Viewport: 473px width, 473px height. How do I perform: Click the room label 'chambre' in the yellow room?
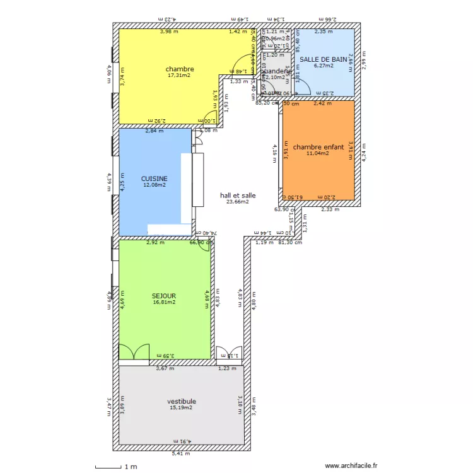(x=180, y=69)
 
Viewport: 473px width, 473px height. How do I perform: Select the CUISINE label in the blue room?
(x=155, y=178)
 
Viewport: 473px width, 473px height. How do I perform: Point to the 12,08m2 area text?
(x=155, y=185)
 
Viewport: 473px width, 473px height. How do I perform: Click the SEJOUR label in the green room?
(x=164, y=295)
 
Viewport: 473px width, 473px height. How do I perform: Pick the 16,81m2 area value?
(x=164, y=302)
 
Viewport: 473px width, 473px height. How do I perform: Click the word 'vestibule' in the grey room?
(x=181, y=401)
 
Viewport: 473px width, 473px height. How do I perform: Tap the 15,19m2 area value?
(x=181, y=407)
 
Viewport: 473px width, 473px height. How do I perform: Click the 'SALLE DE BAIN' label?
(x=324, y=59)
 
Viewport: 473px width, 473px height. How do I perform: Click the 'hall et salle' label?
(x=238, y=196)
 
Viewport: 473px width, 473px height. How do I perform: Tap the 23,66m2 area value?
(x=238, y=202)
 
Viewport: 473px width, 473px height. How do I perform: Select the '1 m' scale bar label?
(x=131, y=467)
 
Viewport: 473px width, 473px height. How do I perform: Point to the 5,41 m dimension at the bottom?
(x=180, y=453)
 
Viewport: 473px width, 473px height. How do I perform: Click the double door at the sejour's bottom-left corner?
(x=133, y=353)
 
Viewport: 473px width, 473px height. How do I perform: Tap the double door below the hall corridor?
(x=229, y=354)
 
